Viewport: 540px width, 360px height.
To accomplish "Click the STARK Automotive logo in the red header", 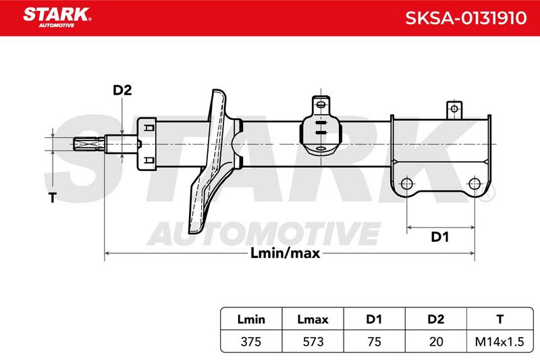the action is click(57, 18).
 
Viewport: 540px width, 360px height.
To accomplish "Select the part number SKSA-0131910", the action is click(466, 18).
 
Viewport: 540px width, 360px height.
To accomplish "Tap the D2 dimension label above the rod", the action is click(122, 91).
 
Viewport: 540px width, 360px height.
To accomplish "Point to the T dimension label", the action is click(53, 198).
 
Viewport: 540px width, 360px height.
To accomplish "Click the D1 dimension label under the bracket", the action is click(440, 237).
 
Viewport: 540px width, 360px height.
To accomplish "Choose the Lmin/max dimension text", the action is click(285, 253).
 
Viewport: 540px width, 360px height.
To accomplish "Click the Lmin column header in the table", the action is click(251, 319).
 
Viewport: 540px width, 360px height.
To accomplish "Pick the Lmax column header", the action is click(313, 319).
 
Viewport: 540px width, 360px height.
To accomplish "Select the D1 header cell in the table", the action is click(374, 319).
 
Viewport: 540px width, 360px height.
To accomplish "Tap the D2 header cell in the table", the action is click(435, 319).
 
